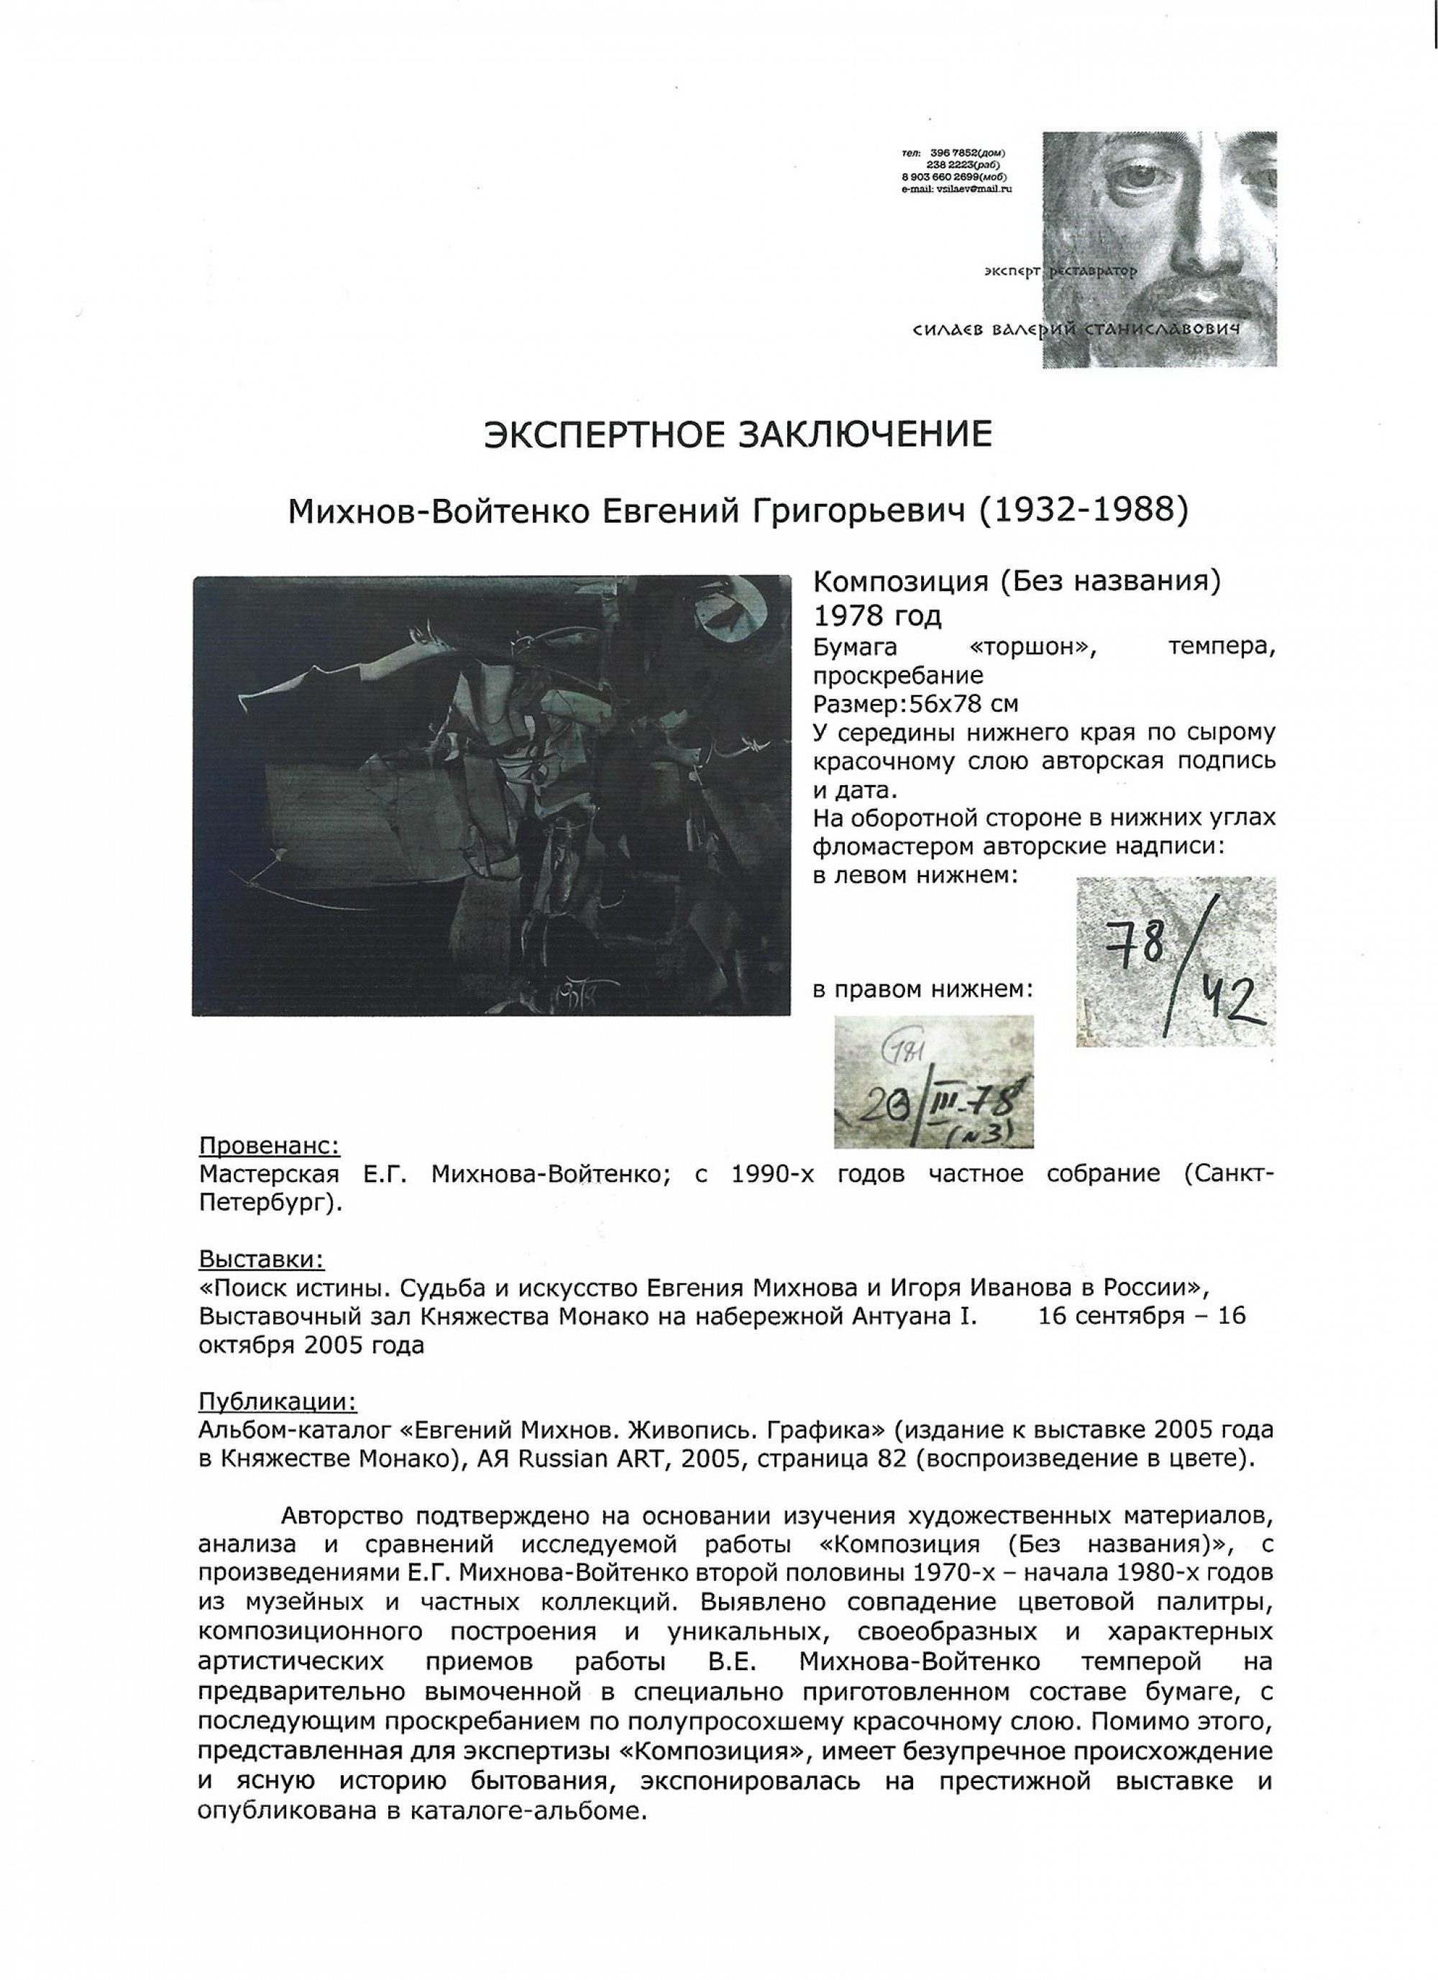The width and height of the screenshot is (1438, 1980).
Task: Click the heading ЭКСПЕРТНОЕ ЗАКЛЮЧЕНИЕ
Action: pyautogui.click(x=738, y=434)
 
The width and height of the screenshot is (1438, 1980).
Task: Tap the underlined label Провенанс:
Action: pyautogui.click(x=269, y=1145)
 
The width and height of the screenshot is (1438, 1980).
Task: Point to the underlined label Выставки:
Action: pyautogui.click(x=261, y=1260)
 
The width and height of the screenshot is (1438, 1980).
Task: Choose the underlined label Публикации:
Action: pyautogui.click(x=278, y=1402)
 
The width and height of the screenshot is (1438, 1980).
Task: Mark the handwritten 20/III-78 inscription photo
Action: pyautogui.click(x=933, y=1081)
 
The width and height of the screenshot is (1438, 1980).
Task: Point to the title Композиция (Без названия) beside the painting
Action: pyautogui.click(x=1015, y=582)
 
